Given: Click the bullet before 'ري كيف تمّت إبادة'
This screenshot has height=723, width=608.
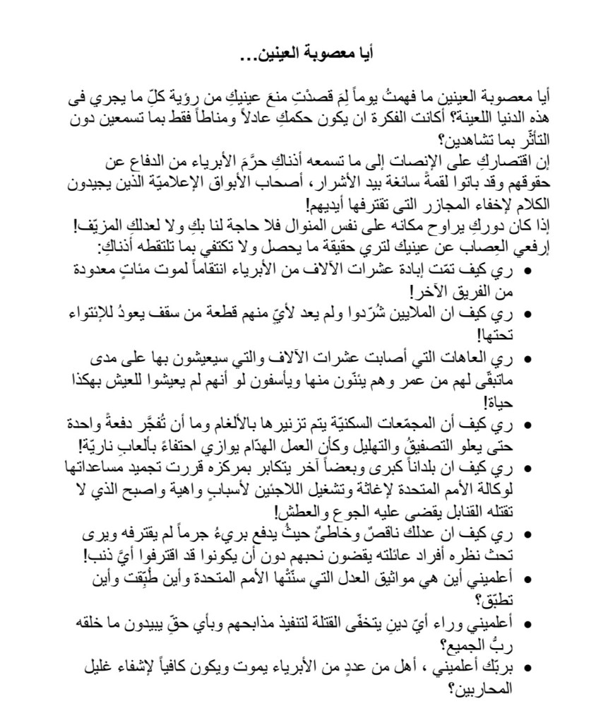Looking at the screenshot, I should tap(527, 271).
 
